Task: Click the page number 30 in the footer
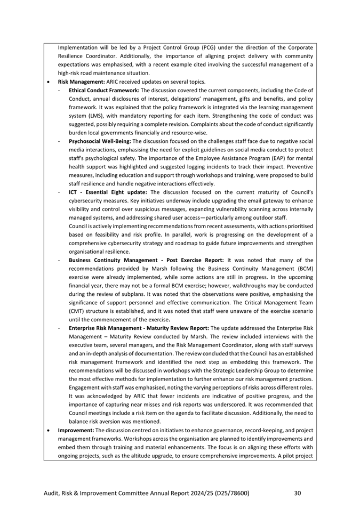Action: tap(298, 494)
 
